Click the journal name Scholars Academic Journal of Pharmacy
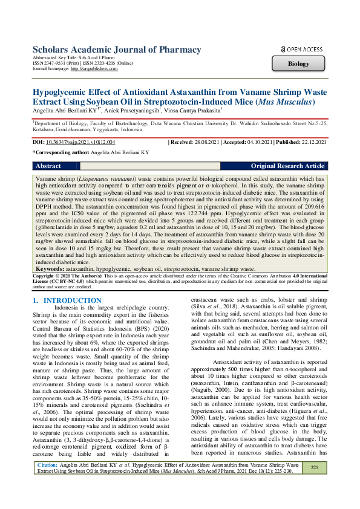(116, 50)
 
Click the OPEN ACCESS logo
(302, 49)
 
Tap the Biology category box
(298, 63)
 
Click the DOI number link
(82, 142)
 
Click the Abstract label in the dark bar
(48, 166)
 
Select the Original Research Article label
(287, 166)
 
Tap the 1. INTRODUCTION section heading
(63, 300)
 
